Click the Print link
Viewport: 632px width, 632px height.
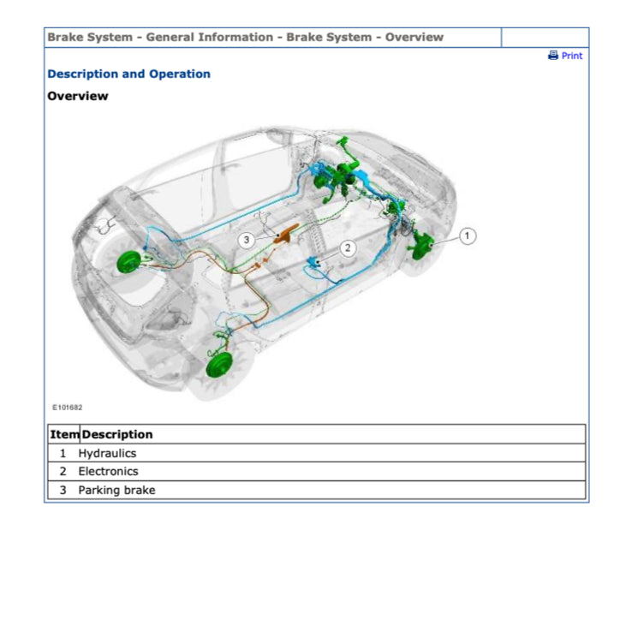tap(571, 56)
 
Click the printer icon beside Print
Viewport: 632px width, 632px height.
tap(553, 55)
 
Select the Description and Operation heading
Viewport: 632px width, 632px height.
tap(129, 75)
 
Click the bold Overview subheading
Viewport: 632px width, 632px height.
tap(78, 96)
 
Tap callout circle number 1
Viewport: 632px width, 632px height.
tap(467, 236)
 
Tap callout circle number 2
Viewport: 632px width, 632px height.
tap(348, 247)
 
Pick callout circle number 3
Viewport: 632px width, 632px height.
tap(247, 241)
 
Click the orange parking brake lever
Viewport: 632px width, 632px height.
tap(287, 234)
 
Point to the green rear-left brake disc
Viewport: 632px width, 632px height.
tap(129, 262)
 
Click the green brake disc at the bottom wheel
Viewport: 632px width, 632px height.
tap(219, 364)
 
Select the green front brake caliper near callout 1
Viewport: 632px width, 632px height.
tap(421, 247)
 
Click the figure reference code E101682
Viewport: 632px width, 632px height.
tap(68, 408)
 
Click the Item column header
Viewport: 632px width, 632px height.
tap(64, 434)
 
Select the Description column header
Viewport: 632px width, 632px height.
tap(117, 434)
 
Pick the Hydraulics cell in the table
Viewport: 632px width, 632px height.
tap(107, 453)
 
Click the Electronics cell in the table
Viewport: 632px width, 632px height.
tap(109, 472)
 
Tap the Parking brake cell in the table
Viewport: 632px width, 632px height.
tap(116, 490)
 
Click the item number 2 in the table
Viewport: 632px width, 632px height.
tap(63, 472)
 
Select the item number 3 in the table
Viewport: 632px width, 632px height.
tap(63, 490)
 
